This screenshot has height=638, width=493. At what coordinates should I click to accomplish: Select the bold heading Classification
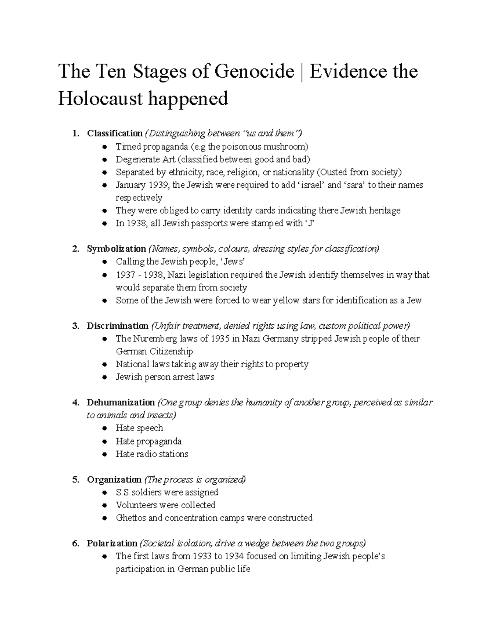coord(115,133)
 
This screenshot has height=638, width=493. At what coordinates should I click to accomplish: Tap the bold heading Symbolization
coord(116,249)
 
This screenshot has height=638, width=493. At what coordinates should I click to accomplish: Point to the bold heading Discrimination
coord(117,326)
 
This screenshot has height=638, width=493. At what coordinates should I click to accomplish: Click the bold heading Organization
coord(114,480)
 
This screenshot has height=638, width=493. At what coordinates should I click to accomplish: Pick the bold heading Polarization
coord(112,544)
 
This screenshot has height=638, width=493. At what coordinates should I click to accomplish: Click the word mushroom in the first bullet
coord(285,147)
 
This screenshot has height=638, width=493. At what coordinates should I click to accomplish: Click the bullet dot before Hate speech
coord(106,428)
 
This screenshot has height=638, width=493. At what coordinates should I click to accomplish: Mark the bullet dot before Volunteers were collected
coord(106,505)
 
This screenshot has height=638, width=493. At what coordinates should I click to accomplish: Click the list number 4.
coord(75,403)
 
